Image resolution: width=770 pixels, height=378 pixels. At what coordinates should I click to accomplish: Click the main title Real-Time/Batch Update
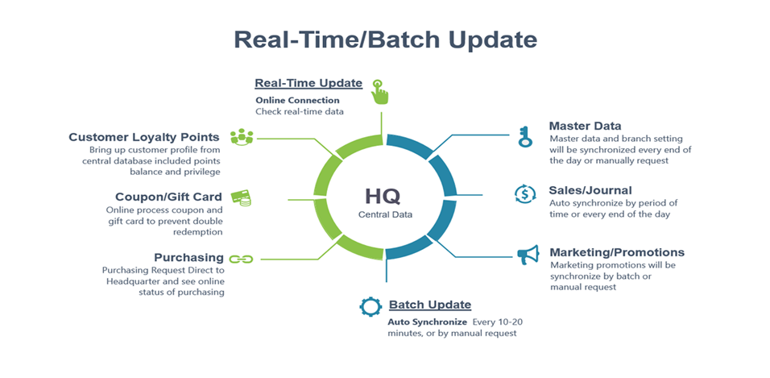point(385,39)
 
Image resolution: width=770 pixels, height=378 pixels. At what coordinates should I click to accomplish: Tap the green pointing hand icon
point(379,91)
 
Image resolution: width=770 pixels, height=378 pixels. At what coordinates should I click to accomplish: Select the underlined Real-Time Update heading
point(308,83)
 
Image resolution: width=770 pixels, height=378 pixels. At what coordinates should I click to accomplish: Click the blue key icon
point(525,136)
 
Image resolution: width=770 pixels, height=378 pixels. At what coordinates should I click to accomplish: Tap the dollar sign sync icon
point(525,193)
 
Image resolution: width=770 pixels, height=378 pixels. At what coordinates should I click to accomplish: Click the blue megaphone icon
point(528,255)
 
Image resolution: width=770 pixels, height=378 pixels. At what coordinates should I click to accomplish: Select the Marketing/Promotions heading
point(617,252)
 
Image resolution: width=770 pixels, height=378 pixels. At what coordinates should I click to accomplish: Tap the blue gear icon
point(371,306)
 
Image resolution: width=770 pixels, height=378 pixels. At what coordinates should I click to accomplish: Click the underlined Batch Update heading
point(430,305)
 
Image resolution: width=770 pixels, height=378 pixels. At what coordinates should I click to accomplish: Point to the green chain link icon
point(241,259)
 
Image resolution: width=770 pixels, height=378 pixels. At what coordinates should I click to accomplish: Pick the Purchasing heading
point(189,258)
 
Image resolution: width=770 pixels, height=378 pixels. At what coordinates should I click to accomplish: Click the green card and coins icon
point(241,197)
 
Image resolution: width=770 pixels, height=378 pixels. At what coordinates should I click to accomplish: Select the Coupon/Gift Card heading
point(168,197)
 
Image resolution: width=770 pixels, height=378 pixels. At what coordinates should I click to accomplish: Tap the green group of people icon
point(241,137)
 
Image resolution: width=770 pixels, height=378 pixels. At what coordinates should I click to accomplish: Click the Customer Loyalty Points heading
point(144,136)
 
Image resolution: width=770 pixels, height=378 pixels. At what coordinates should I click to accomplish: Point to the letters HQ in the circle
point(383,196)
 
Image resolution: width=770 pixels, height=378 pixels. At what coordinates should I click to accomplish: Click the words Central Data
point(386,215)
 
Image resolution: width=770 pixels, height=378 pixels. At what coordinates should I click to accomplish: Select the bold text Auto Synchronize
point(427,323)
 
